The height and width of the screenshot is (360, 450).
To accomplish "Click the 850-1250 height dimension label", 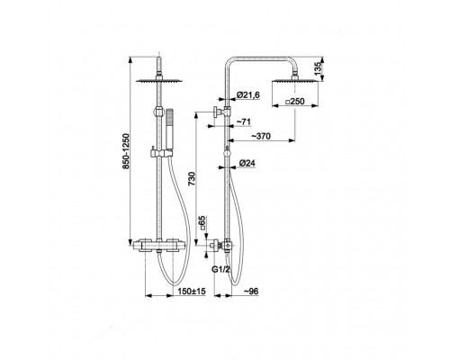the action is (126, 151).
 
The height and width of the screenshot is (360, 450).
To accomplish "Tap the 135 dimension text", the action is (319, 69).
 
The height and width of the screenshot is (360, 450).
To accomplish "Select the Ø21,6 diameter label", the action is (247, 95).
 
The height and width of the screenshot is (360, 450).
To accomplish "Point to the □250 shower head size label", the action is (294, 102).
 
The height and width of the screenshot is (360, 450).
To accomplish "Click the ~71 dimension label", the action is (243, 121).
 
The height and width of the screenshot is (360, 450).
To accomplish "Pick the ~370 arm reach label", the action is (261, 136).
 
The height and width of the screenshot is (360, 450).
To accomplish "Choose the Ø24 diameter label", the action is (247, 163).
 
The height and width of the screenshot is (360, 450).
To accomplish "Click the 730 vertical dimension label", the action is (192, 179).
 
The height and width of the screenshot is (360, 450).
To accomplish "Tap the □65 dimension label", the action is (203, 223).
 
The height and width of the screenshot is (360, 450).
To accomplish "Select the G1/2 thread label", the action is (221, 270).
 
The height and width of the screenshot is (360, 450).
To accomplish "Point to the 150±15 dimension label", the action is (192, 291).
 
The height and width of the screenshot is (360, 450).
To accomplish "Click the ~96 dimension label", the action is (251, 291).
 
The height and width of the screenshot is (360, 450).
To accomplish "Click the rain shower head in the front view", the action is (159, 80).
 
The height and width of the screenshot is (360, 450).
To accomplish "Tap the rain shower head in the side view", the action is (295, 80).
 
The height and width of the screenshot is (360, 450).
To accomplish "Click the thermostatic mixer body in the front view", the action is (159, 245).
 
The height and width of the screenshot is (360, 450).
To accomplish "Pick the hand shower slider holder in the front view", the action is (161, 153).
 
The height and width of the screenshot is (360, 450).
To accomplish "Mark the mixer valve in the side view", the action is (222, 246).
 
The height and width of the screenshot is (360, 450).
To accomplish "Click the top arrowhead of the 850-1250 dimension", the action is (130, 59).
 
